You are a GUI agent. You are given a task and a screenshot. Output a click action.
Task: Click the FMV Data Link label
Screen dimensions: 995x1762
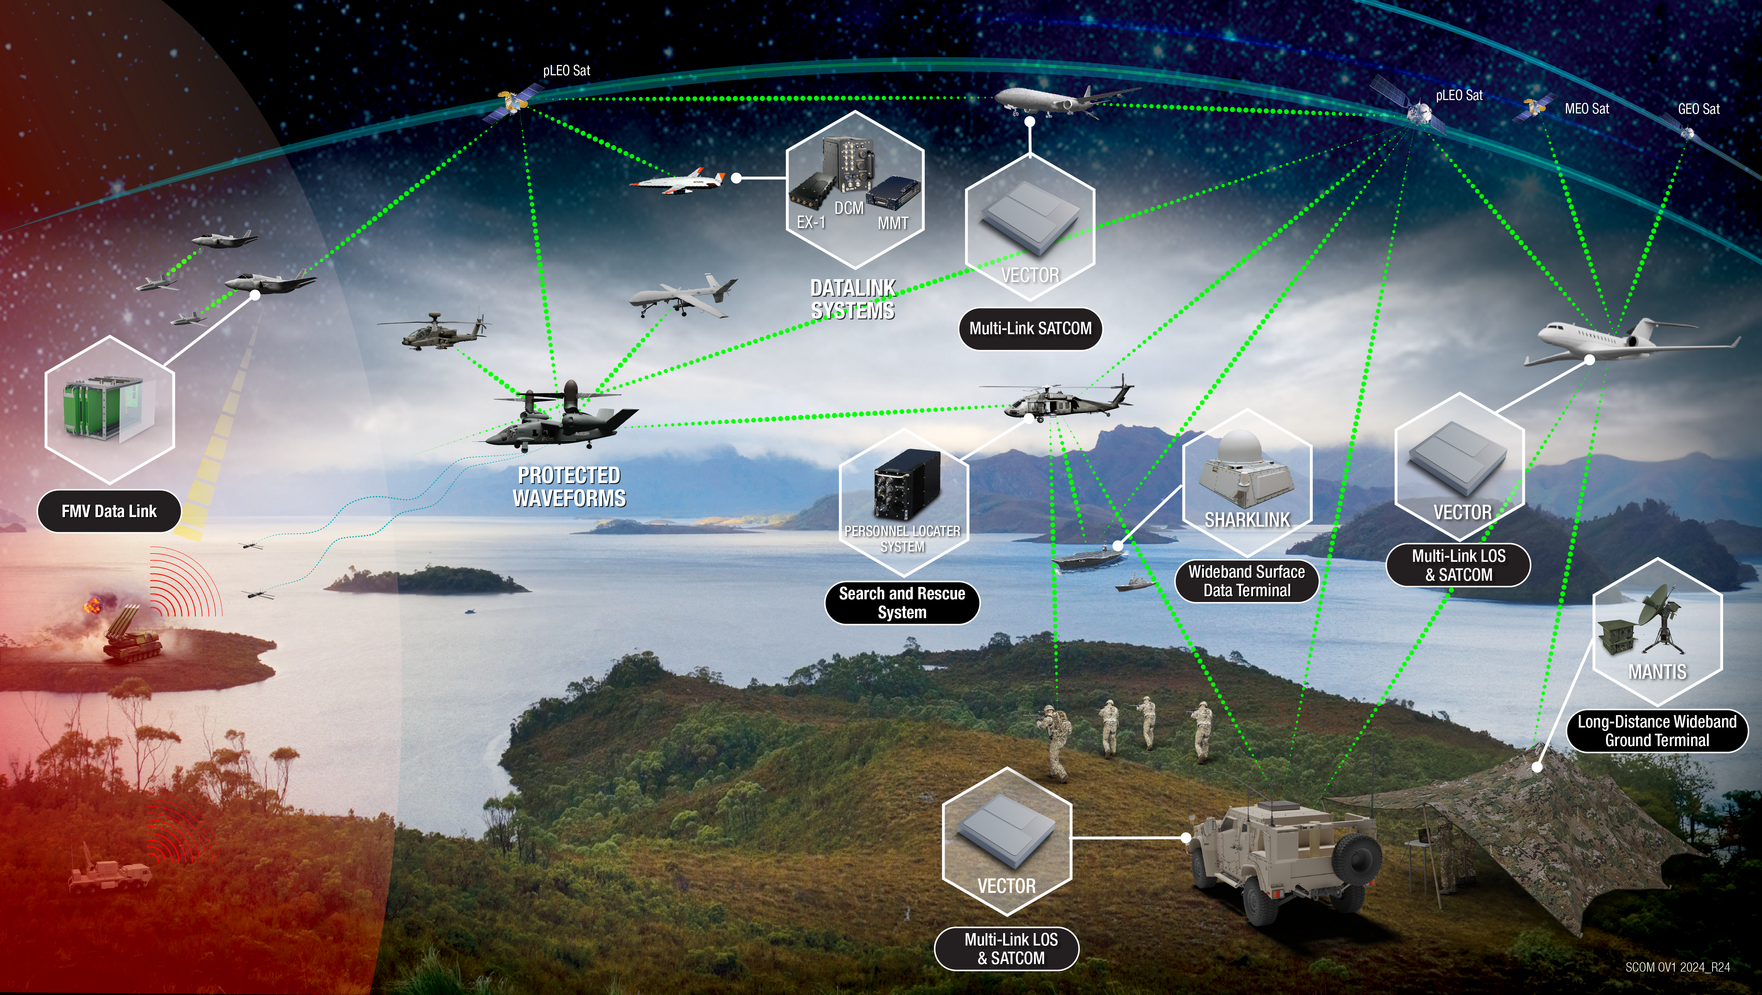[x=109, y=511]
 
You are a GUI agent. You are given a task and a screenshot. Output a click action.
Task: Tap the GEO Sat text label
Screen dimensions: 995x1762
[x=1698, y=109]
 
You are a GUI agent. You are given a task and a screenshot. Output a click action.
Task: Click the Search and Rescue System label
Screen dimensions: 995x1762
[x=901, y=603]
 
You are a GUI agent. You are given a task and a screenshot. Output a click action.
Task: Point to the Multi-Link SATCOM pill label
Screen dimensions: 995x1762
[x=1030, y=328]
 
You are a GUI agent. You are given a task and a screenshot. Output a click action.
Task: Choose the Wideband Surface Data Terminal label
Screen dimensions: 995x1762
[x=1246, y=581]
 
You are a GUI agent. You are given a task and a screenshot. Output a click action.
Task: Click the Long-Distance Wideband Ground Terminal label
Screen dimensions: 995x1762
[x=1656, y=731]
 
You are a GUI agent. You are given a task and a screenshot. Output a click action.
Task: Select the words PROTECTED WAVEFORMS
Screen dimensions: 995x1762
[x=569, y=486]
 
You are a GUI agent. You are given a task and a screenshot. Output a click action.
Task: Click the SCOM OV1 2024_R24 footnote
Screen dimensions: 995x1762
[x=1677, y=967]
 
